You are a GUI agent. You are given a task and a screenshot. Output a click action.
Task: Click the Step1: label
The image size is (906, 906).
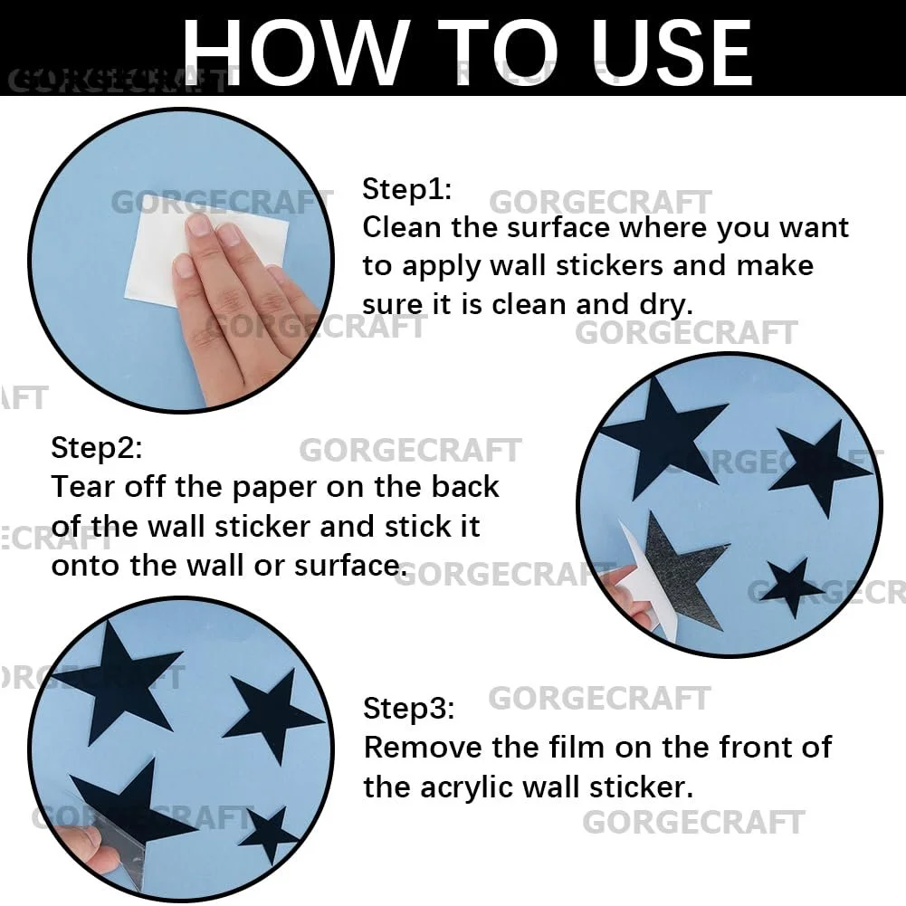pos(406,189)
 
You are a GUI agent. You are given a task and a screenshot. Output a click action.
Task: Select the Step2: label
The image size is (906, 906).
pos(97,448)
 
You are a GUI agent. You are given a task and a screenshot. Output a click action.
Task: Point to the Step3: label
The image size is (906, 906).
pos(408,709)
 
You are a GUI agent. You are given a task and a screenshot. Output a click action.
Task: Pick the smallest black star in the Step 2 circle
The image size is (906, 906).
pos(794,587)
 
